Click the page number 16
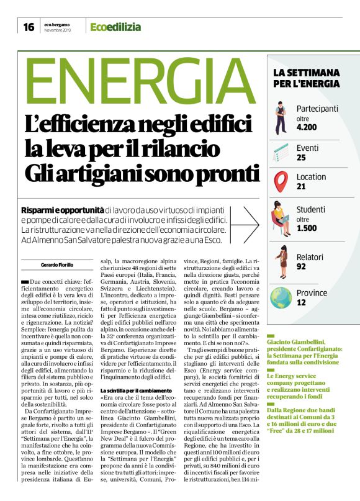coord(29,27)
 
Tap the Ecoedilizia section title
coord(115,27)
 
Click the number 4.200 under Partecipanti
coord(307,127)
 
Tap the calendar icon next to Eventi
coord(281,151)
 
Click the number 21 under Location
coord(301,186)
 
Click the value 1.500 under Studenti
coord(307,228)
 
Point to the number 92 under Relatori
coord(302,266)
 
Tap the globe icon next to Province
coord(281,297)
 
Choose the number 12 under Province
coord(301,302)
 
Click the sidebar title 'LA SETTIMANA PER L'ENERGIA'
coord(306,78)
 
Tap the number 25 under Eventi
coord(301,158)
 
